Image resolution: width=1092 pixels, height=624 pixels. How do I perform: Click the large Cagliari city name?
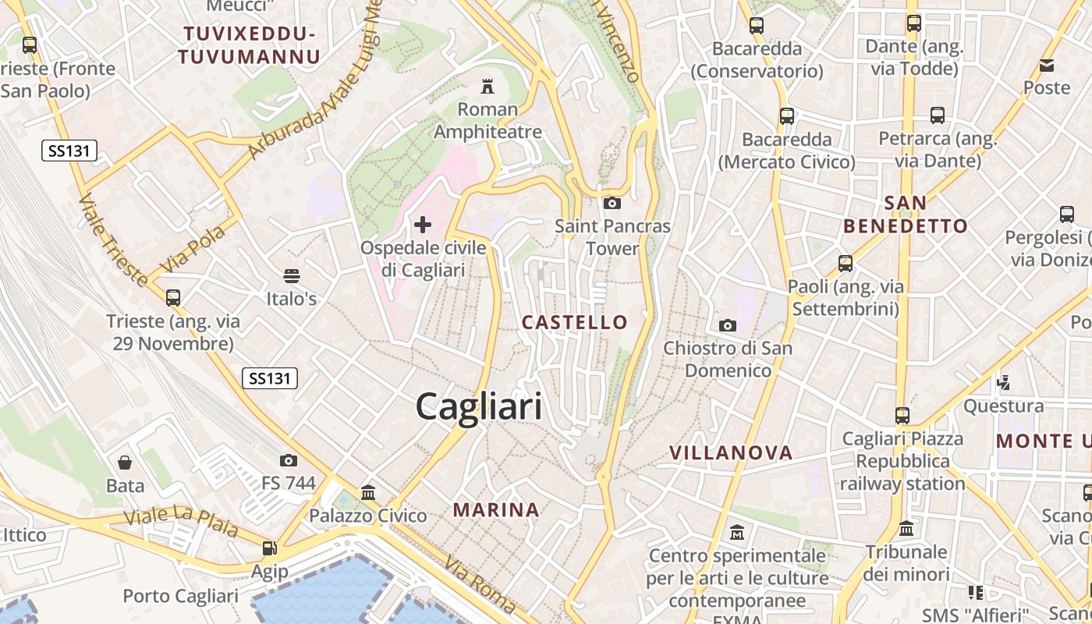tap(478, 407)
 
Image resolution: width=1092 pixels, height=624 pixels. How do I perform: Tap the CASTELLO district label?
tap(574, 322)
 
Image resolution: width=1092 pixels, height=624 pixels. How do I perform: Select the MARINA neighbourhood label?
tap(496, 510)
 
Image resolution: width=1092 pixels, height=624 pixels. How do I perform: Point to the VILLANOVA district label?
tap(731, 452)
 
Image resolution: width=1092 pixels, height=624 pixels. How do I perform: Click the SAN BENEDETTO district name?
tap(906, 214)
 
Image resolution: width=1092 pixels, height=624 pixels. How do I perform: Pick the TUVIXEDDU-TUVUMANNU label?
tap(248, 44)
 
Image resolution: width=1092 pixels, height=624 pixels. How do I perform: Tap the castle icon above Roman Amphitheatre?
tap(488, 85)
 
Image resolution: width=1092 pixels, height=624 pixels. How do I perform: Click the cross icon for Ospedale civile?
tap(423, 225)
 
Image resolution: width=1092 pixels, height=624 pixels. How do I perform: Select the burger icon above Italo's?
tap(292, 275)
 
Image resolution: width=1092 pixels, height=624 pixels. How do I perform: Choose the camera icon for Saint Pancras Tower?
tap(612, 203)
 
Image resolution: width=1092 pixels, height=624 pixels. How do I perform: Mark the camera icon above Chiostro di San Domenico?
tap(727, 324)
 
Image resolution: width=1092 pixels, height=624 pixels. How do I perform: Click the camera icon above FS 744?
tap(289, 460)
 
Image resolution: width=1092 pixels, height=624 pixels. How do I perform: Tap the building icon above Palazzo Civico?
tap(368, 492)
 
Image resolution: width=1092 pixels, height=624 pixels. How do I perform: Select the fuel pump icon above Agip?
tap(269, 548)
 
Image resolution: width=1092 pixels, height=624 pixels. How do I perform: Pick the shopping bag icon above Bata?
tap(125, 463)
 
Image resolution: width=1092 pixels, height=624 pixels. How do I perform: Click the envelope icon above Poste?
tap(1046, 65)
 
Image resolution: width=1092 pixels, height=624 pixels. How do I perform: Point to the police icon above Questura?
tap(1004, 382)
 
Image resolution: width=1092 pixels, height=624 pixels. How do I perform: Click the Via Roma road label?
tap(480, 583)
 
